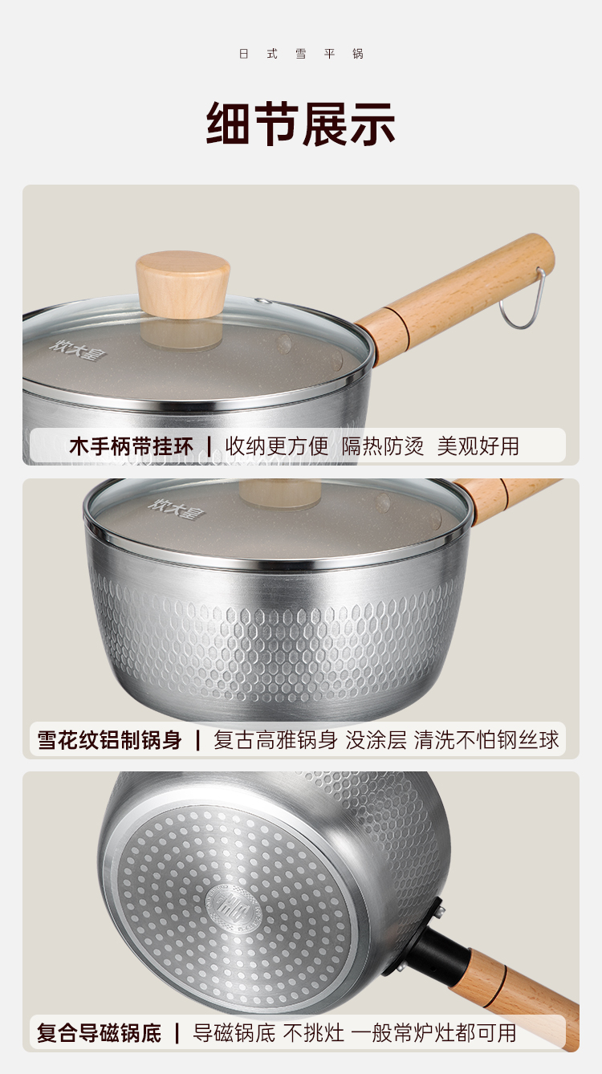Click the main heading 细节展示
tap(300, 124)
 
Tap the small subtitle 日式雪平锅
tap(301, 54)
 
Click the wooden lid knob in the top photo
tap(183, 284)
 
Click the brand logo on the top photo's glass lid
tap(78, 350)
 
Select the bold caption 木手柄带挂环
tap(131, 446)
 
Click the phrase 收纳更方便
tap(277, 446)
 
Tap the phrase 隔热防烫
tap(383, 446)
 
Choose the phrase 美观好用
tap(478, 446)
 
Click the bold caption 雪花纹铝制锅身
tap(109, 740)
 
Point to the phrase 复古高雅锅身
tap(275, 740)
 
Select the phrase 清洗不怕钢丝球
tap(486, 740)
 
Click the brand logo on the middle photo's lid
tap(177, 509)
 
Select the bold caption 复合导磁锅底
tap(99, 1033)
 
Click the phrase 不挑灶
tap(313, 1033)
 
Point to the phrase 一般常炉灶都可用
tap(436, 1033)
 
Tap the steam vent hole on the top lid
tap(263, 301)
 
